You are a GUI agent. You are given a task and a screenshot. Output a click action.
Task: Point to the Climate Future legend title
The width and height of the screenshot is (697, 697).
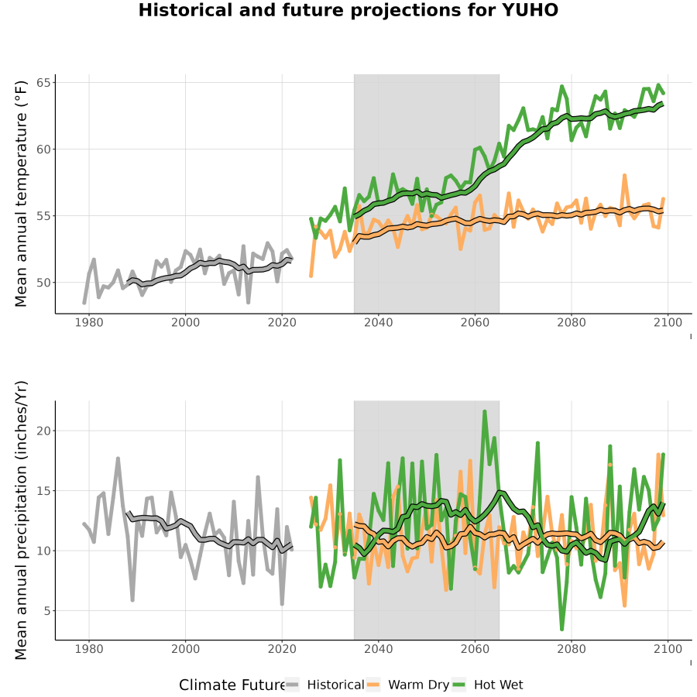[x=232, y=685]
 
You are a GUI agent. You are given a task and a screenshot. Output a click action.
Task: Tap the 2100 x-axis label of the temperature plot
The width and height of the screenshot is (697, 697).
[x=668, y=322]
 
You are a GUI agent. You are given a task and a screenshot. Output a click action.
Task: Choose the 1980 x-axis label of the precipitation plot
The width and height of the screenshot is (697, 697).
[x=89, y=648]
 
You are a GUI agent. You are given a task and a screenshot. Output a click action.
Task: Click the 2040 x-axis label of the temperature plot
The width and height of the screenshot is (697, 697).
[x=378, y=322]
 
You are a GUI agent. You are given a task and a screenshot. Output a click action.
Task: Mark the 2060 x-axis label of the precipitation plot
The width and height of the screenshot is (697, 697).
[x=475, y=648]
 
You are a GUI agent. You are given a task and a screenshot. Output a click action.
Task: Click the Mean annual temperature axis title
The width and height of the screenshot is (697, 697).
[x=21, y=194]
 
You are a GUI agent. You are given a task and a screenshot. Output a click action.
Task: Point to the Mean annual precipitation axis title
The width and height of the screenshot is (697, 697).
[x=21, y=520]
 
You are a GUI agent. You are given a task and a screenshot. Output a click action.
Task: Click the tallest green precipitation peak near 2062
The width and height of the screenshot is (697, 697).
[x=485, y=411]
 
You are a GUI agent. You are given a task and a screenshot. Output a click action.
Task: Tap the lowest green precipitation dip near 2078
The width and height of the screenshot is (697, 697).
[x=562, y=629]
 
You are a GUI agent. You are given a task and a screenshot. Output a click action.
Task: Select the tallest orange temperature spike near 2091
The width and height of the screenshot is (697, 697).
[x=624, y=176]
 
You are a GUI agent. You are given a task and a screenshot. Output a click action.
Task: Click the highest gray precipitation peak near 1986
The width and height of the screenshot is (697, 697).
[x=118, y=458]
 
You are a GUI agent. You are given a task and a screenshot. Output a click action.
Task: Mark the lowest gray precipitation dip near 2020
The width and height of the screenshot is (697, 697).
[x=282, y=603]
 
